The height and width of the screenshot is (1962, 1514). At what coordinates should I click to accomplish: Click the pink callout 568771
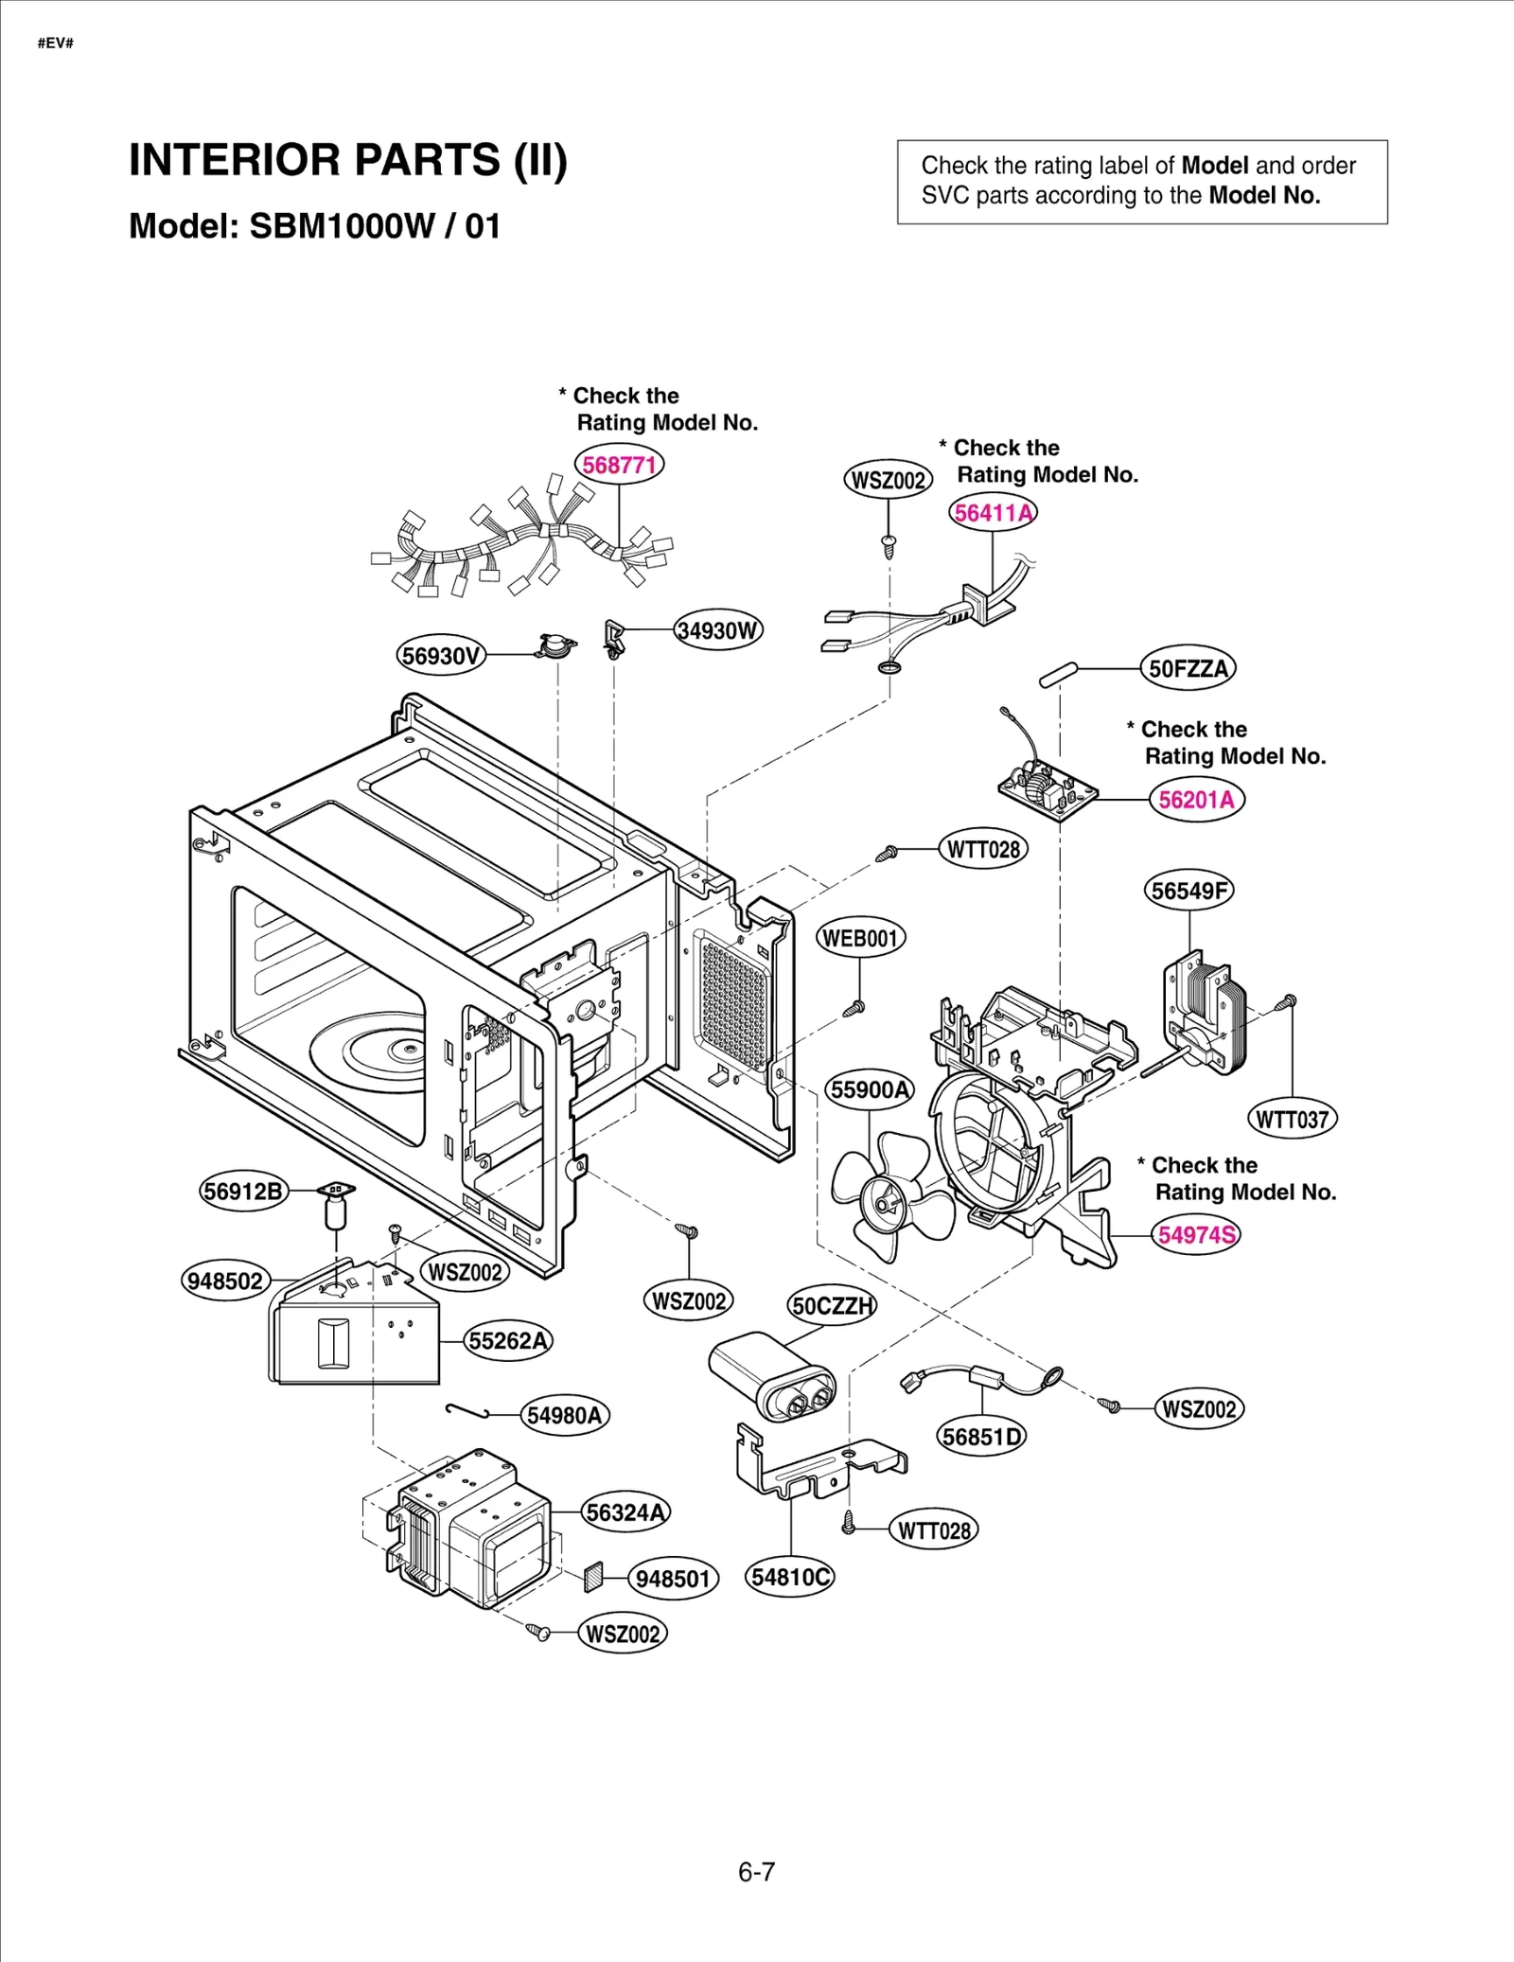619,465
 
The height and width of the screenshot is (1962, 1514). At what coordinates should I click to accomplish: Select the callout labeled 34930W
718,630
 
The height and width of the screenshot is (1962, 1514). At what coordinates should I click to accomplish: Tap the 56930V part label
440,656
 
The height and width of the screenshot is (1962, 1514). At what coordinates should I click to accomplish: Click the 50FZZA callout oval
1188,669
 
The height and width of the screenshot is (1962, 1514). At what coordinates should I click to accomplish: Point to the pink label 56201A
1196,800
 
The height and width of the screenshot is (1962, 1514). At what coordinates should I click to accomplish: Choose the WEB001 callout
860,938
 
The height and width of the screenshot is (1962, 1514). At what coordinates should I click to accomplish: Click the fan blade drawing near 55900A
889,1197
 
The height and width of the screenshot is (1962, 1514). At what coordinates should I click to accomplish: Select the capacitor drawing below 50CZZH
771,1377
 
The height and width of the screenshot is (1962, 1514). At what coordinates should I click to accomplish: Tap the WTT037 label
1292,1120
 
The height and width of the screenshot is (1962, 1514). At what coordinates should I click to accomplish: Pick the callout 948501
673,1579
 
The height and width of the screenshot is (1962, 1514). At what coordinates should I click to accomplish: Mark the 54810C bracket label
790,1577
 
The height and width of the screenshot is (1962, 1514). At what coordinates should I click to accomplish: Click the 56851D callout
982,1437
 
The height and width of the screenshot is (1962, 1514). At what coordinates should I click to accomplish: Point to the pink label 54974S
1197,1235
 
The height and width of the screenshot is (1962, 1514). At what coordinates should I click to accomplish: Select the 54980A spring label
564,1416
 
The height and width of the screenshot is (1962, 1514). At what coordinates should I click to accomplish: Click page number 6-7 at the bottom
756,1872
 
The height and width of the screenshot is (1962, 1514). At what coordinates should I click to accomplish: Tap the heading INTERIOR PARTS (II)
347,159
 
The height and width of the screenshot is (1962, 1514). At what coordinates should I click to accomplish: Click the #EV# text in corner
56,44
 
